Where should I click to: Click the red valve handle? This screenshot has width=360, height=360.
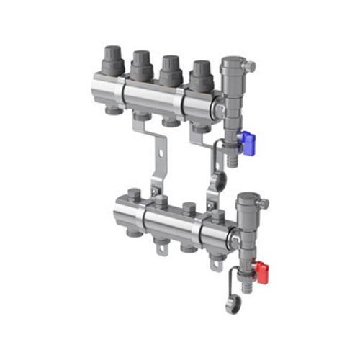coord(264,272)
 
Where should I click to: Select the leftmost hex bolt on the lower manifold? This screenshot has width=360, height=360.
coord(134,194)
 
